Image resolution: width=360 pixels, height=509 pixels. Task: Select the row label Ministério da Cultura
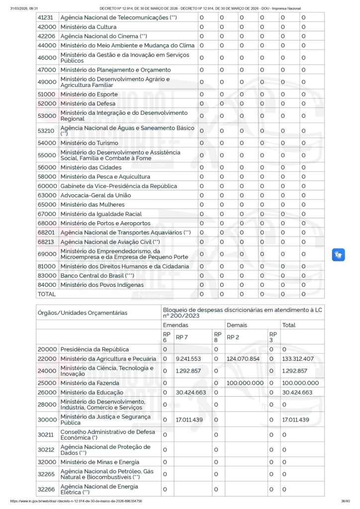(89, 27)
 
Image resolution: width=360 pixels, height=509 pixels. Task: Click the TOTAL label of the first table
(47, 294)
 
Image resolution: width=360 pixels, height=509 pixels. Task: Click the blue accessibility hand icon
(338, 254)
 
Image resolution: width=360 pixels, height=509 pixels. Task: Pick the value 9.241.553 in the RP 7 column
(188, 359)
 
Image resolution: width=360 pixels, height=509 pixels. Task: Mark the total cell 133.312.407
(297, 359)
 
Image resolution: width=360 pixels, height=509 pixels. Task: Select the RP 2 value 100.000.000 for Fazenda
(245, 383)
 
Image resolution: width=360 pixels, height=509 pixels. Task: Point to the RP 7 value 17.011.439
(189, 420)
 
